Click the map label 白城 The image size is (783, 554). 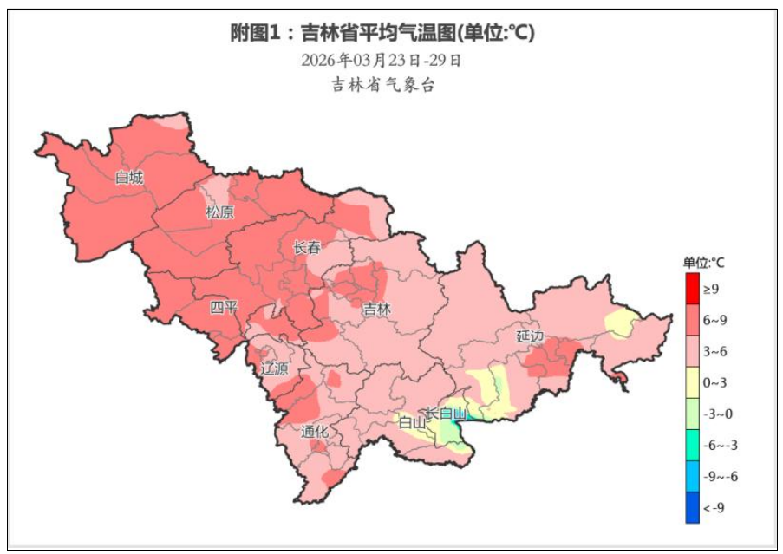[129, 178]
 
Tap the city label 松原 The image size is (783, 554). [219, 212]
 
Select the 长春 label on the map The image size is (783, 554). [307, 248]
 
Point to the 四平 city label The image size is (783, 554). [224, 307]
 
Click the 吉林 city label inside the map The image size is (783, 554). [376, 309]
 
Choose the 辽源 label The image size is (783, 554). [275, 368]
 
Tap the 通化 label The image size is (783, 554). [314, 432]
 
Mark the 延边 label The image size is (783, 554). [530, 336]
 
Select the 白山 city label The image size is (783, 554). [412, 423]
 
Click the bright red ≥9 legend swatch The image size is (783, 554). [692, 288]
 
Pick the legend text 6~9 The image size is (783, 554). [715, 320]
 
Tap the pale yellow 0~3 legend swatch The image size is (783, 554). [692, 382]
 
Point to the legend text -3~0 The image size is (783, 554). [715, 414]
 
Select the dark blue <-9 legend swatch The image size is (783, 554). [692, 508]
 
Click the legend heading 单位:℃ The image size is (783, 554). [703, 263]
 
